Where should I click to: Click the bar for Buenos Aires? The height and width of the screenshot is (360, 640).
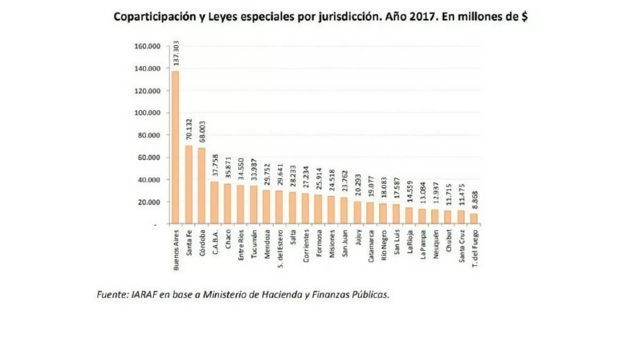point(175,148)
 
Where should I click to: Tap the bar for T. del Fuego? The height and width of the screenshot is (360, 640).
point(474,219)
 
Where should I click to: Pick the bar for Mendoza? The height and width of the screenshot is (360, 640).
point(267,207)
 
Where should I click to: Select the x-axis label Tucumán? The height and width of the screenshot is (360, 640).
point(254,241)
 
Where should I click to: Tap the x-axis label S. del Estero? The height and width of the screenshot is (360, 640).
point(280,248)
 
